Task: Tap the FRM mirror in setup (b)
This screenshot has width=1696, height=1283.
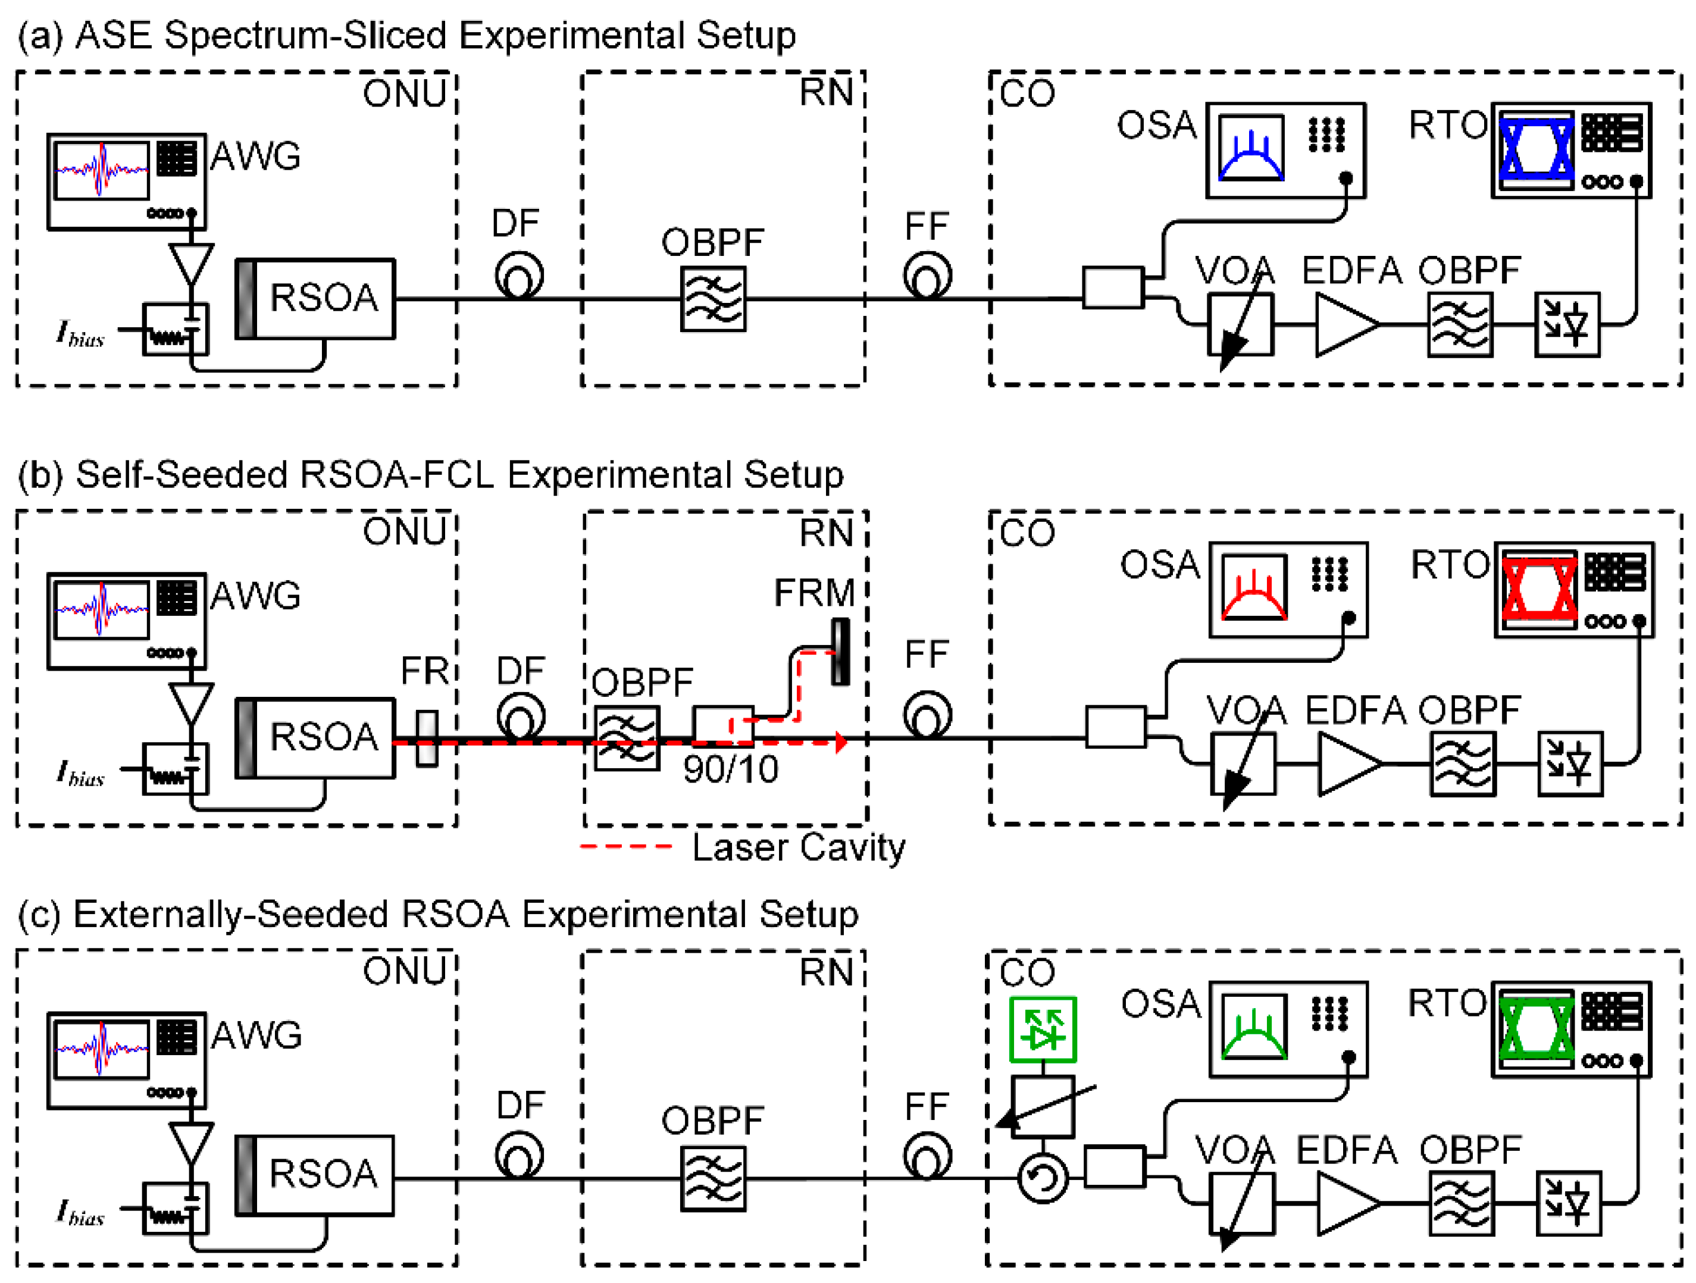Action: tap(841, 651)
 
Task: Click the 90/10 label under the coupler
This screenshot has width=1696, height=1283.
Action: tap(730, 769)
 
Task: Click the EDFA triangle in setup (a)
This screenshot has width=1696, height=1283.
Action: tap(1345, 325)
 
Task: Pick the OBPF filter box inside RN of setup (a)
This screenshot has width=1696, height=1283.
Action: tap(713, 299)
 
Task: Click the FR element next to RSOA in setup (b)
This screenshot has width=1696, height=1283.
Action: tap(427, 738)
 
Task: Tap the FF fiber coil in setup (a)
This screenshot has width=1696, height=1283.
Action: tap(927, 277)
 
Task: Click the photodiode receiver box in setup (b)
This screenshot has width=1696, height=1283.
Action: tap(1569, 764)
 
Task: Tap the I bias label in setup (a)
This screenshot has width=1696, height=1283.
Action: tap(80, 334)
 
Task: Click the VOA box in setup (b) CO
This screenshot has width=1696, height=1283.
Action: tap(1243, 764)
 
